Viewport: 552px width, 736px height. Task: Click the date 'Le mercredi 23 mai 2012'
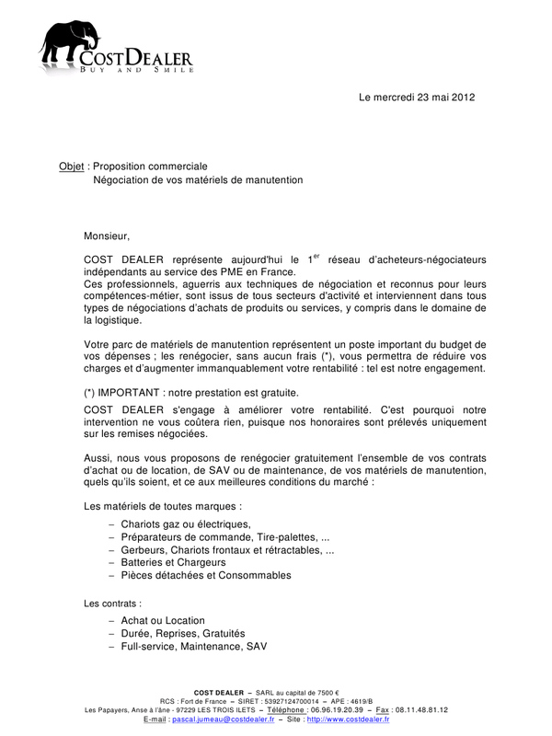417,98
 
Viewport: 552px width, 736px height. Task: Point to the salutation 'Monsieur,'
108,236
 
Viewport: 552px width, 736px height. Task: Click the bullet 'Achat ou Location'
163,621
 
